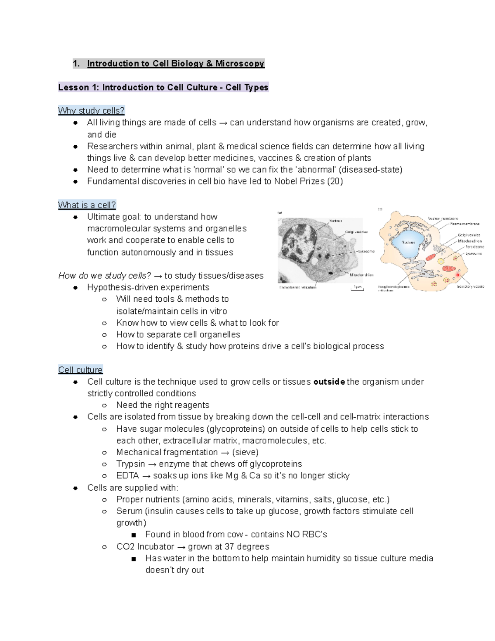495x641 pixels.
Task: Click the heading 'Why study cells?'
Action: click(91, 111)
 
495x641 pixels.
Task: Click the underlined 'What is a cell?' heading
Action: click(87, 205)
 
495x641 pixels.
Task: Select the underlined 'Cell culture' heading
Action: click(80, 370)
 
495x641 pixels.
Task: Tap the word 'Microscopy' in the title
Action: click(240, 64)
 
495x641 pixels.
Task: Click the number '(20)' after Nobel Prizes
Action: click(335, 181)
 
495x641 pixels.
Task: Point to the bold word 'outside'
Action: click(329, 382)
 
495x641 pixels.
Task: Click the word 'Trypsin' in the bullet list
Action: click(131, 464)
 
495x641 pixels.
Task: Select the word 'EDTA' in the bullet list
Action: click(127, 475)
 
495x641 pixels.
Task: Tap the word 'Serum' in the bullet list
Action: click(129, 511)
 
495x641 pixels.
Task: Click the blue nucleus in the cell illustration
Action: click(408, 243)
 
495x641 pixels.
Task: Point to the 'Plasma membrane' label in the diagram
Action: click(464, 224)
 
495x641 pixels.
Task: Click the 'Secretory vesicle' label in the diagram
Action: click(470, 286)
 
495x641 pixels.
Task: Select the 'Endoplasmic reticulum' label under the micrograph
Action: click(298, 287)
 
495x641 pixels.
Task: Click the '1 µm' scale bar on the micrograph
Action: click(357, 288)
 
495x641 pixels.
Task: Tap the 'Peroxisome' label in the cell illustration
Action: click(475, 247)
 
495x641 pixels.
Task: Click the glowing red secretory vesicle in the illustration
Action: click(457, 274)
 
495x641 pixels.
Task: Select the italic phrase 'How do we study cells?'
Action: click(105, 276)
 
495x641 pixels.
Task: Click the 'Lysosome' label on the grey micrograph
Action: click(366, 251)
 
